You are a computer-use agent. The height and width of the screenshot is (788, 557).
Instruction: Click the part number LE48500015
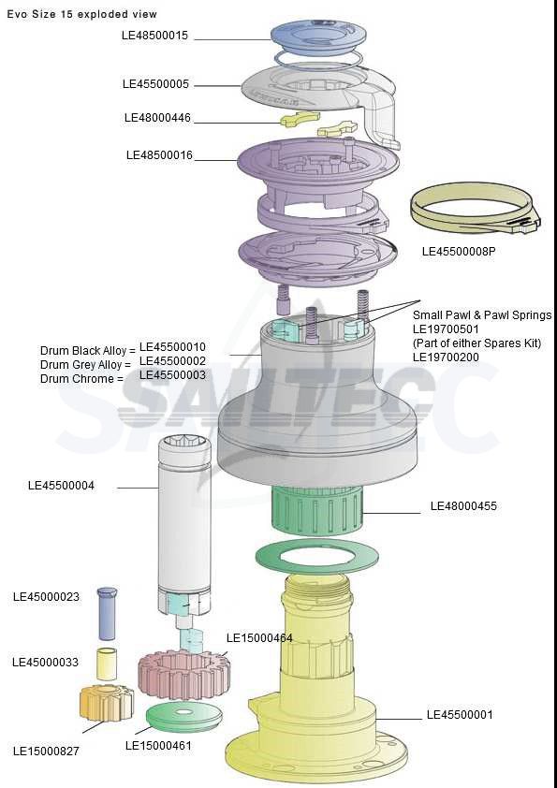[x=154, y=36]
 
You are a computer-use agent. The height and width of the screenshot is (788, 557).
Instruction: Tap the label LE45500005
[x=155, y=84]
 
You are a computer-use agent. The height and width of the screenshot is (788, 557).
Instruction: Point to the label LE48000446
[x=157, y=118]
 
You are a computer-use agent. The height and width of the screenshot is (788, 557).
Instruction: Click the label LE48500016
[x=159, y=155]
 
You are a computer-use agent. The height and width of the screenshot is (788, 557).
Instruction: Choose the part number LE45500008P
[x=459, y=251]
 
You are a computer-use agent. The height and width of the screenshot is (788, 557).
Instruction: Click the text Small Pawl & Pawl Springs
[x=482, y=315]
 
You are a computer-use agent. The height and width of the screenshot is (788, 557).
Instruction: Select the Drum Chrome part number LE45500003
[x=172, y=375]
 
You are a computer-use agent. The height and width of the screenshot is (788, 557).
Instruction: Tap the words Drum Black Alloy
[x=83, y=350]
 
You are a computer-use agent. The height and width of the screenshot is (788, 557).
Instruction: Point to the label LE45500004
[x=62, y=486]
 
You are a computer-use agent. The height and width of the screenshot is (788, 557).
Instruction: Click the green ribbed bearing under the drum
[x=317, y=510]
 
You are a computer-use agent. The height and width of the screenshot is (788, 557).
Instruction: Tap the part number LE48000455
[x=463, y=506]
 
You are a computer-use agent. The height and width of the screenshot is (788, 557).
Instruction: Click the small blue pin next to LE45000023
[x=107, y=613]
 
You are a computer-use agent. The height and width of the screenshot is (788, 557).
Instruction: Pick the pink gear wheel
[x=184, y=675]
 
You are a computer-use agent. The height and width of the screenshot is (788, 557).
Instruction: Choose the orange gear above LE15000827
[x=107, y=702]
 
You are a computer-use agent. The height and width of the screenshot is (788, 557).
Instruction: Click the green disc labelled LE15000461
[x=184, y=717]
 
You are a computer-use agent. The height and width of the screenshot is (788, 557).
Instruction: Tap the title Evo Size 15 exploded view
[x=82, y=15]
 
